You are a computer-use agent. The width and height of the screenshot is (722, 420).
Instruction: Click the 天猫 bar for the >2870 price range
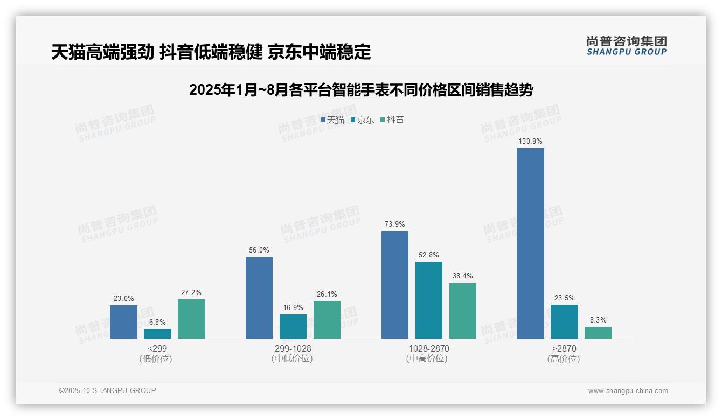[530, 243]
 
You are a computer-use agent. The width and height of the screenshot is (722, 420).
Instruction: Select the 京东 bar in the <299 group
[157, 334]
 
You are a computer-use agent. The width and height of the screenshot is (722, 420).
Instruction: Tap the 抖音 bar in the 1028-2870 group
[463, 311]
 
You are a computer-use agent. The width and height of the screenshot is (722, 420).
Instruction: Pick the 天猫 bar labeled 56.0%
[259, 298]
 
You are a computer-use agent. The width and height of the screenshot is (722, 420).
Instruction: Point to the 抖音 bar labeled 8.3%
[598, 333]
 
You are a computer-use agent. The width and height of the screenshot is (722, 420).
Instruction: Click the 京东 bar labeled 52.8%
[429, 300]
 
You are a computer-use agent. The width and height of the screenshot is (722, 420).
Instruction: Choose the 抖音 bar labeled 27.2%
[191, 319]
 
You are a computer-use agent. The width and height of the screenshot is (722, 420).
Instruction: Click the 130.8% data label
[530, 142]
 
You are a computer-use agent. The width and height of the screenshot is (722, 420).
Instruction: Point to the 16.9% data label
[293, 308]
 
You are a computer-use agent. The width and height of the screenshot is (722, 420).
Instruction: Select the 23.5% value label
[564, 298]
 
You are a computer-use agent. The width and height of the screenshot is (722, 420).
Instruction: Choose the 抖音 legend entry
[392, 120]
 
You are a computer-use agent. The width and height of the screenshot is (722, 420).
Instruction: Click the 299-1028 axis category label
[293, 348]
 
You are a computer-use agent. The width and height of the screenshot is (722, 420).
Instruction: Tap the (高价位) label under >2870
[564, 359]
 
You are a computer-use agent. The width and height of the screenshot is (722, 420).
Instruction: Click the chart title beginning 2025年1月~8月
[360, 90]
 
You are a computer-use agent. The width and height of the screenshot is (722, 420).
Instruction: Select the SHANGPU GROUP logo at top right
[626, 46]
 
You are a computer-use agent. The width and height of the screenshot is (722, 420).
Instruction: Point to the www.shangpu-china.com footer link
[628, 391]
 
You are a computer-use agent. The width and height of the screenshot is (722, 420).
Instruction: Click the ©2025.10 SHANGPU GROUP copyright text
[108, 390]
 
